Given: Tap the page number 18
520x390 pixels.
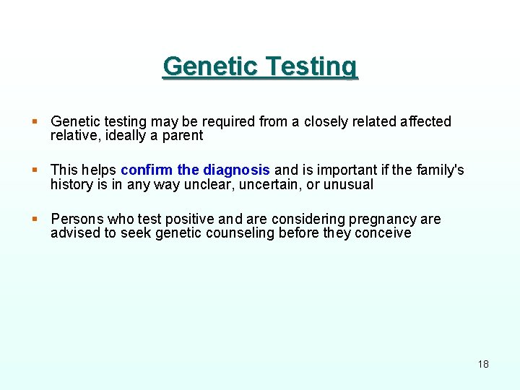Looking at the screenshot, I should point(483,363).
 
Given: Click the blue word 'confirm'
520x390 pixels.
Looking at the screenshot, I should point(147,170).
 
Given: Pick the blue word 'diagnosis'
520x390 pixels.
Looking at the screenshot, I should point(236,170).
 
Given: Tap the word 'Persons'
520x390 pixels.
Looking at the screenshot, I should point(77,219).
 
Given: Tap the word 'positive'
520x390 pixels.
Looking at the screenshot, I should point(189,219).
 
